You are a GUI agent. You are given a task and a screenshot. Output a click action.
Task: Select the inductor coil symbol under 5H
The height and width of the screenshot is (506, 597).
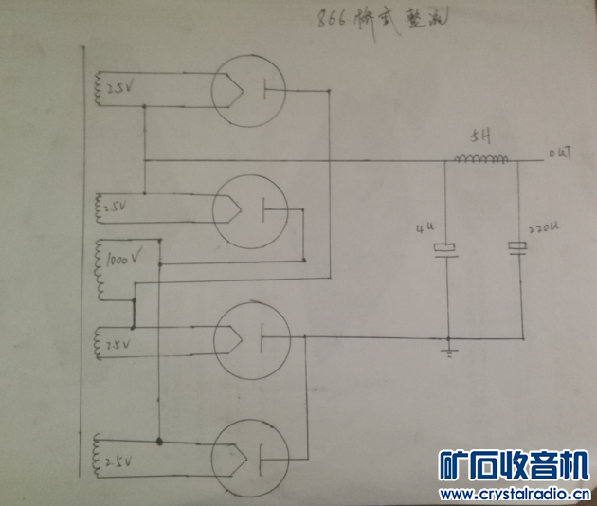coord(479,158)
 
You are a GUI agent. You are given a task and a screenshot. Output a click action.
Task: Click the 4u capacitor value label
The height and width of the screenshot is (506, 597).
coord(422,230)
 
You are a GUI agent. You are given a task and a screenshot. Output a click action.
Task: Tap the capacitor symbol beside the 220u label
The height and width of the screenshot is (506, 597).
coord(517,247)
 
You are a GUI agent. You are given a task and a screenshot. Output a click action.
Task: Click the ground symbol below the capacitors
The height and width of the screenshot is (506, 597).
coord(448,352)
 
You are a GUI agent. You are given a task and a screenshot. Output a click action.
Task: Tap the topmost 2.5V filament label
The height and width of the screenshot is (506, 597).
coord(119,90)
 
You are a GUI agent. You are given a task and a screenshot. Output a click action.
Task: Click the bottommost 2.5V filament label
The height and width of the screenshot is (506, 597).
coord(121,461)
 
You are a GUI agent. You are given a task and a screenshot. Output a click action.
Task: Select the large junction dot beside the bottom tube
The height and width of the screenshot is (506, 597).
coord(159,441)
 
